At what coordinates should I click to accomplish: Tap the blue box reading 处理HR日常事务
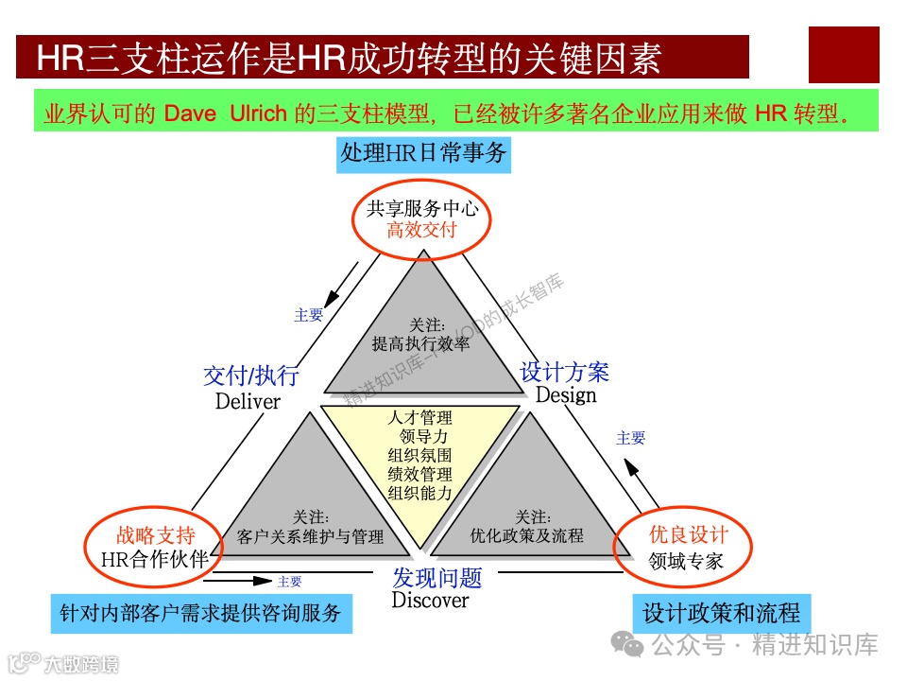[x=423, y=153]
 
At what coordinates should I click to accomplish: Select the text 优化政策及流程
[x=526, y=535]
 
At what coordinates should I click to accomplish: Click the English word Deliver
[x=248, y=401]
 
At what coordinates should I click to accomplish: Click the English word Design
[x=566, y=395]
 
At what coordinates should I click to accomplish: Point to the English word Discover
[x=430, y=600]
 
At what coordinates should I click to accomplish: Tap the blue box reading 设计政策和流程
[x=721, y=613]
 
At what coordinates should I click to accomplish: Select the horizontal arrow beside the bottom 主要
[x=248, y=581]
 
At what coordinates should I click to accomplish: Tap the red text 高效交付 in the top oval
[x=421, y=230]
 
